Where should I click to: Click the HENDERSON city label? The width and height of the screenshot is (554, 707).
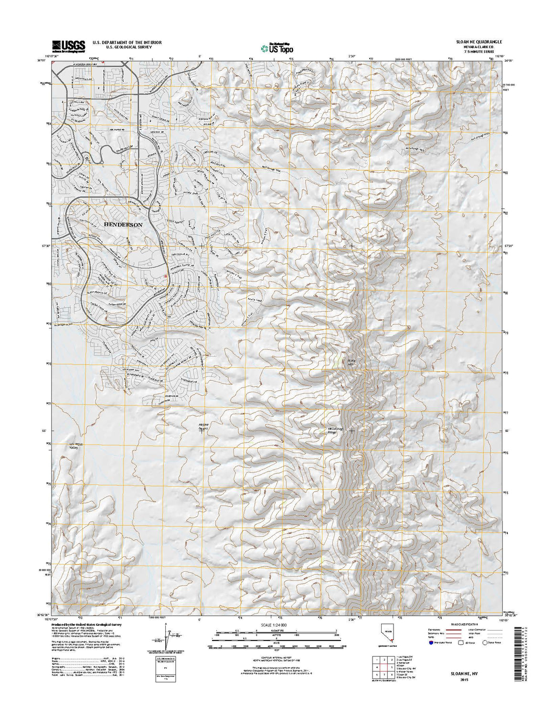[123, 225]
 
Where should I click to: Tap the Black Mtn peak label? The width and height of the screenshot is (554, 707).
[352, 362]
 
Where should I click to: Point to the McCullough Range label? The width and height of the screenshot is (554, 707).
[333, 431]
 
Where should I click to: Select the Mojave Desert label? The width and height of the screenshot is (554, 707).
[204, 425]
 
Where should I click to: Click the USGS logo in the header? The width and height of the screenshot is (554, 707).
[68, 46]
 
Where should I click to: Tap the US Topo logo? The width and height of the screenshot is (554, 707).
[277, 48]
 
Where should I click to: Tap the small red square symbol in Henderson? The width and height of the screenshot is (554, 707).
[166, 276]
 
